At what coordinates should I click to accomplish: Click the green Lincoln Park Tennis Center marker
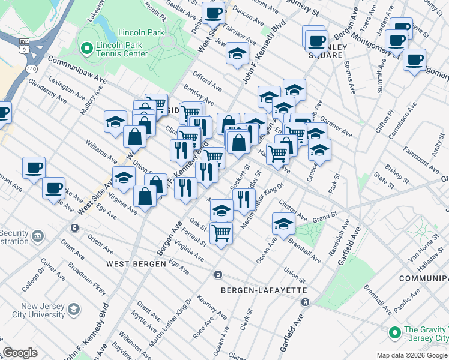[86, 46]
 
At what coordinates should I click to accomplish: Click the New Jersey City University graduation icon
[74, 309]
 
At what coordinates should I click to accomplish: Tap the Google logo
[20, 353]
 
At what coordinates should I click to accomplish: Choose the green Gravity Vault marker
[394, 332]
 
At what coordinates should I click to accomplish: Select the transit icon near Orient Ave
[74, 228]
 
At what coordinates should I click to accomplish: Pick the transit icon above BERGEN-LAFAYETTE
[218, 274]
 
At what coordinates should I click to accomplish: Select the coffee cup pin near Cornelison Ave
[414, 60]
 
